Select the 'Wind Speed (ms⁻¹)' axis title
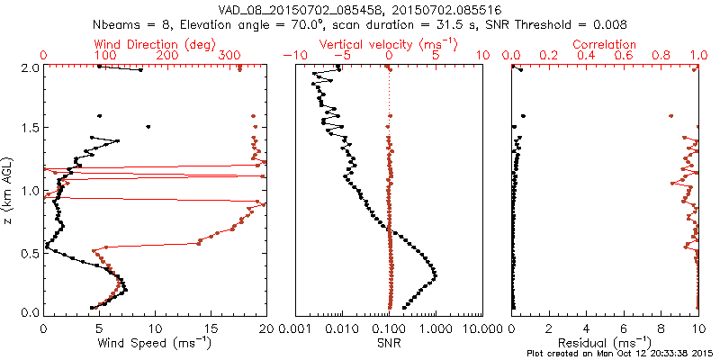[x=154, y=343]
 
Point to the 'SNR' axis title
[x=388, y=343]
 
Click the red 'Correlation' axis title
[x=605, y=44]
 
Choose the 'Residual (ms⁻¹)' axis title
[x=605, y=343]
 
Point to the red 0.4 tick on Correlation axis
[x=587, y=56]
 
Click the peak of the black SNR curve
[x=436, y=273]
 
